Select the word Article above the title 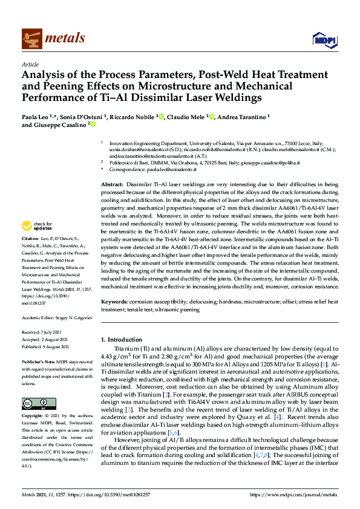30,64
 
